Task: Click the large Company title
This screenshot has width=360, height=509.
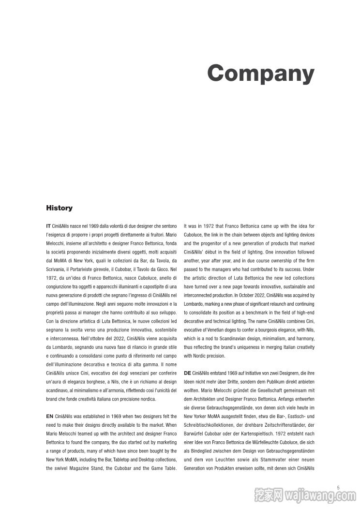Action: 261,73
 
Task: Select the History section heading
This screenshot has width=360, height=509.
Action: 59,208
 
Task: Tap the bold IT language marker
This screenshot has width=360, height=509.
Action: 48,226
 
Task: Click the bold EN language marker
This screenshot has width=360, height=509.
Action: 49,417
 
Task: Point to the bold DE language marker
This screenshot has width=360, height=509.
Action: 187,373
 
